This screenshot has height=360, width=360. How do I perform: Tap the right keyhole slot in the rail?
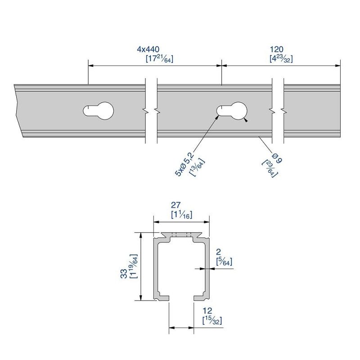pyautogui.click(x=233, y=110)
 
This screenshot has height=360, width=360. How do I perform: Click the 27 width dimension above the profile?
pyautogui.click(x=181, y=206)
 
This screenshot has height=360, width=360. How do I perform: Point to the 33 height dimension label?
pyautogui.click(x=124, y=273)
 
